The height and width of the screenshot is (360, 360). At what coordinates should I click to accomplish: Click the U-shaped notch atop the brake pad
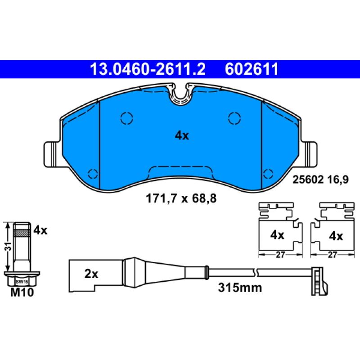(181, 94)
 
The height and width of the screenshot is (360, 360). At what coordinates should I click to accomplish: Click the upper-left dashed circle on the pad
(127, 118)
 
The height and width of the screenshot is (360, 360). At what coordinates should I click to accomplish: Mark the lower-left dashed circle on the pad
(93, 174)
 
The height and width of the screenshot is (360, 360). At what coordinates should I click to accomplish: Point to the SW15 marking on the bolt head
(19, 281)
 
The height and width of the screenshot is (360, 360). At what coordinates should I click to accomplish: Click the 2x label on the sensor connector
(91, 274)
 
